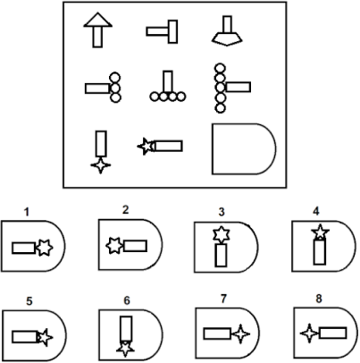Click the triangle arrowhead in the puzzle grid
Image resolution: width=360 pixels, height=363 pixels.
(97, 21)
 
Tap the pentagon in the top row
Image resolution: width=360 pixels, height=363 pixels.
(227, 38)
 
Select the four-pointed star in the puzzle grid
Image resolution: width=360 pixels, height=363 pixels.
(101, 165)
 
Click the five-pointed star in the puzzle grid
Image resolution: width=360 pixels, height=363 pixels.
(146, 147)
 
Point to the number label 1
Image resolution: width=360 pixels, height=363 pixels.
(27, 212)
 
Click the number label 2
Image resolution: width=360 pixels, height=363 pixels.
(125, 210)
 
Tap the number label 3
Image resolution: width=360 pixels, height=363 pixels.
(222, 212)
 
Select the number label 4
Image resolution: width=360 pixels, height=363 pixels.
(316, 211)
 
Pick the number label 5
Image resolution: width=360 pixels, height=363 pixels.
(29, 301)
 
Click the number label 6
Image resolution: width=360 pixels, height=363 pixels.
(127, 300)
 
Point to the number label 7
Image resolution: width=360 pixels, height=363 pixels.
(223, 299)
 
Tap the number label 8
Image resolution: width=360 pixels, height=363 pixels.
(319, 299)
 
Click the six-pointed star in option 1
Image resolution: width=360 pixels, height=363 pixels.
(44, 248)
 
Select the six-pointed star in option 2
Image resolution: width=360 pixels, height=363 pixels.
(114, 246)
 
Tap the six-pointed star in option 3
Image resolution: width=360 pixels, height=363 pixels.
(222, 234)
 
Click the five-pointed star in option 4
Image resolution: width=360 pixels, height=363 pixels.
(320, 232)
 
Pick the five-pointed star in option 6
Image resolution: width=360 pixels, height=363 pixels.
(125, 349)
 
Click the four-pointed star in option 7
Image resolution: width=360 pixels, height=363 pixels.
(240, 334)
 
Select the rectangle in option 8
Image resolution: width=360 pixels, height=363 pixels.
(333, 333)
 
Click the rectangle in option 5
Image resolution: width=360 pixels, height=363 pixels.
(25, 337)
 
